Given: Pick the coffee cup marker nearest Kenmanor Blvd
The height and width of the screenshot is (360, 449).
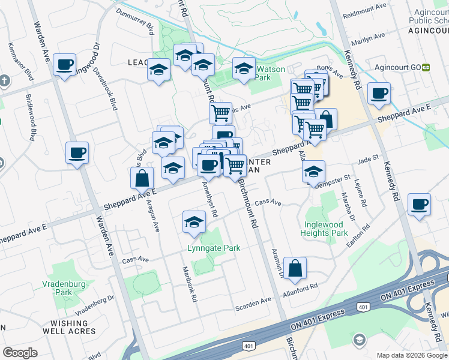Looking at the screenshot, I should point(64,64).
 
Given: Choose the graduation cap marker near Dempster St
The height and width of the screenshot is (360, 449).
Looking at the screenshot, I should point(313,172).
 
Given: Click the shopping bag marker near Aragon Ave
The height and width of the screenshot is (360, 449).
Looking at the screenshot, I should point(142,177).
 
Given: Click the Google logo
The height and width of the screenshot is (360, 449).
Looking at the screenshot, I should point(20,353).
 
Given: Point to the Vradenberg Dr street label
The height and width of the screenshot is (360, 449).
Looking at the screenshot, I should point(95,305).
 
